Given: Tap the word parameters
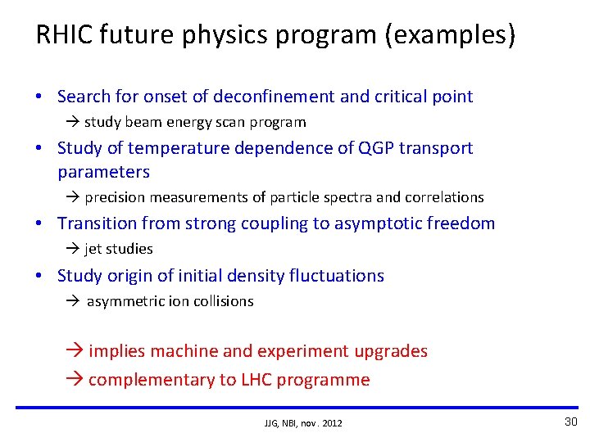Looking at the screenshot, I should click(x=103, y=172).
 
